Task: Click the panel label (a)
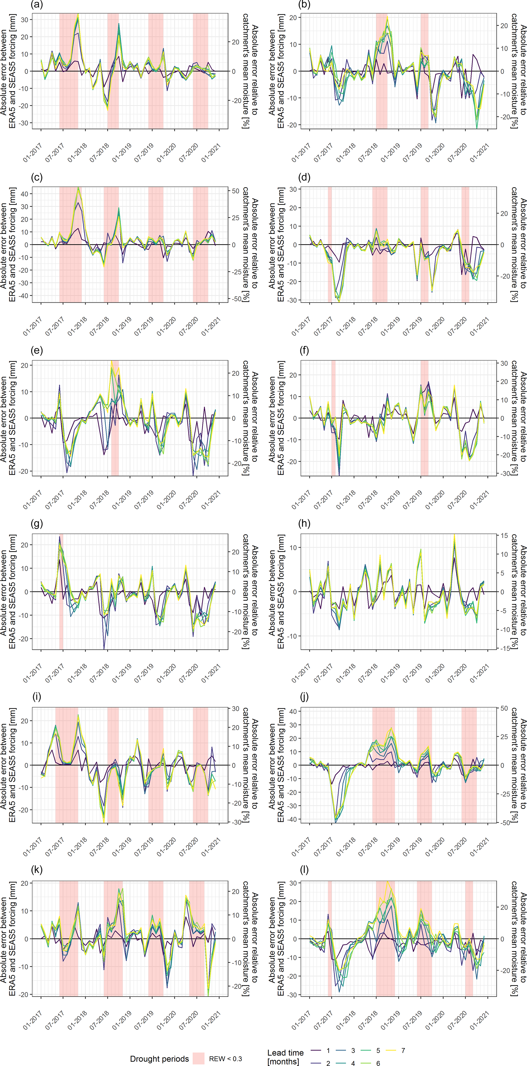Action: (x=37, y=5)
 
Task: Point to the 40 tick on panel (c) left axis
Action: (x=24, y=194)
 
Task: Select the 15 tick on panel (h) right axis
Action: (x=504, y=536)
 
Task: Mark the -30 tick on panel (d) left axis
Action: (x=293, y=300)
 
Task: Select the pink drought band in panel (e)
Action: (x=115, y=418)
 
